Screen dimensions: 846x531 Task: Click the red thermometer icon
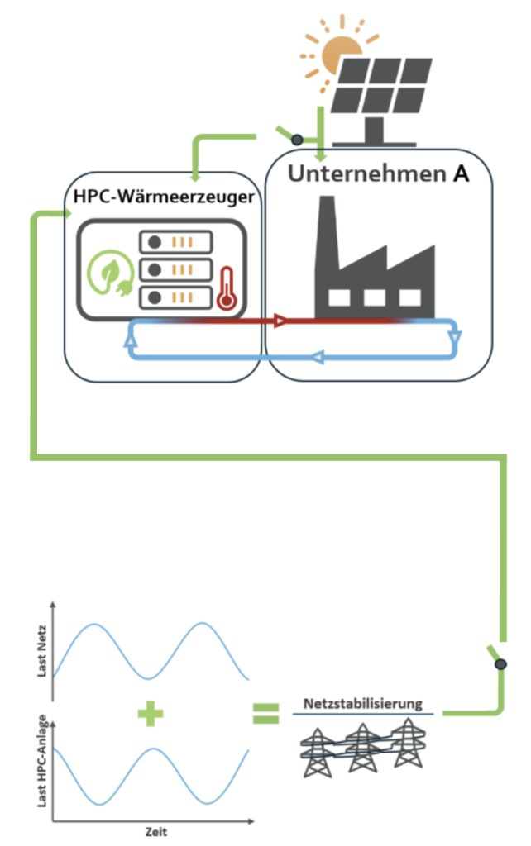click(225, 287)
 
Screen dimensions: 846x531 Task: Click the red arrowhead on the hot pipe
click(280, 321)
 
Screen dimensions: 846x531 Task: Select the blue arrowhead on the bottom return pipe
click(317, 357)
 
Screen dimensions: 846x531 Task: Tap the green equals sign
click(266, 711)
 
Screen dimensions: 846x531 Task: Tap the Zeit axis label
click(155, 832)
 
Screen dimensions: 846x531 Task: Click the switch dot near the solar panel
click(297, 140)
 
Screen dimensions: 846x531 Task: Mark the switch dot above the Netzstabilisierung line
click(500, 664)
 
